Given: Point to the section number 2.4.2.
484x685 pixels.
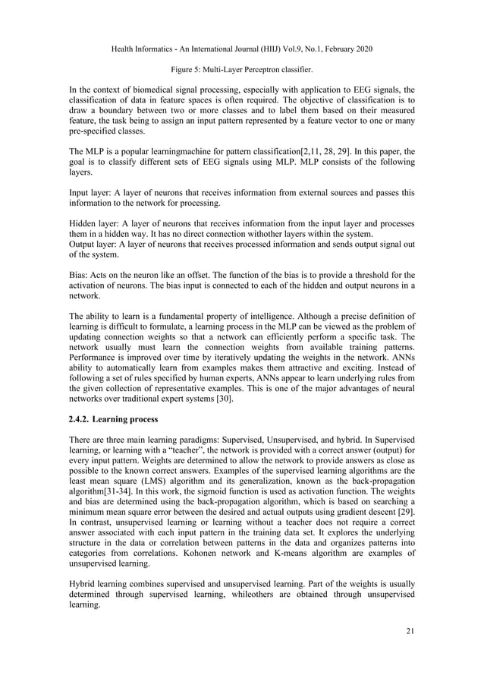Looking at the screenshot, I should pos(83,418).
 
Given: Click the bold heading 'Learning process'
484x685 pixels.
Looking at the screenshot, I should pos(139,418).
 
